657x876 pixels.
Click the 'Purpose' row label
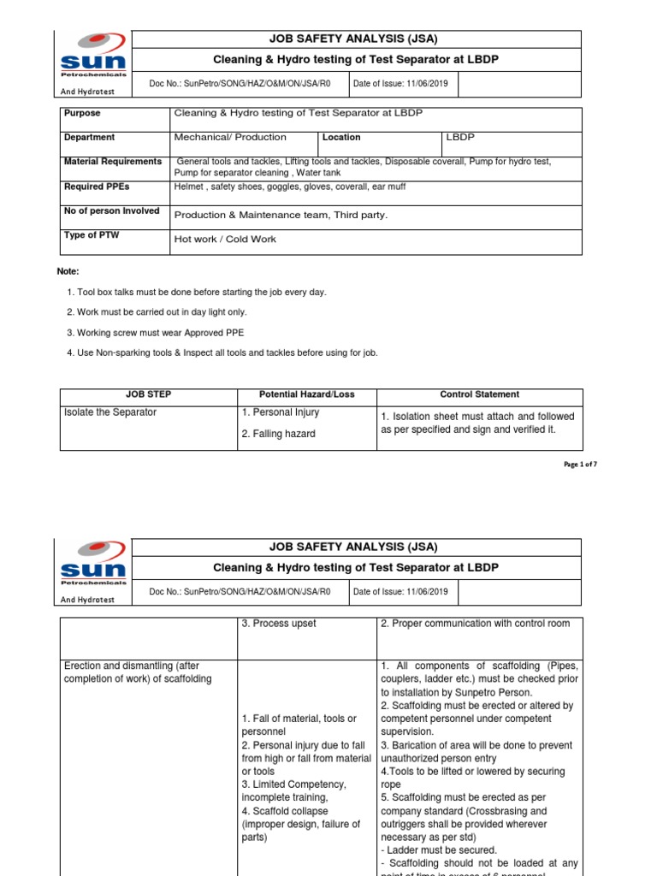point(82,113)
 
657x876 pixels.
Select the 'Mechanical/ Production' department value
point(230,137)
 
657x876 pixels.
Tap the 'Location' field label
point(340,137)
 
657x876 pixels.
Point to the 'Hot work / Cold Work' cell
point(225,240)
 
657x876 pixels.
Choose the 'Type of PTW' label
point(92,234)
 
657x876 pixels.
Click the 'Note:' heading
point(68,271)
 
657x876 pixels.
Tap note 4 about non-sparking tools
point(222,352)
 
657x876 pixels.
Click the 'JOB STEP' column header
point(148,394)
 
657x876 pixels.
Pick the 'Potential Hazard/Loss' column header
point(306,394)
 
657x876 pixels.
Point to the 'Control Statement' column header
point(479,394)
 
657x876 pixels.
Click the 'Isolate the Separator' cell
point(110,412)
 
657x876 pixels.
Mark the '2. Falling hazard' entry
point(278,434)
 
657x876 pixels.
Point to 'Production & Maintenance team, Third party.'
point(281,216)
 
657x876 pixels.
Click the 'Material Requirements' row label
point(113,161)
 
